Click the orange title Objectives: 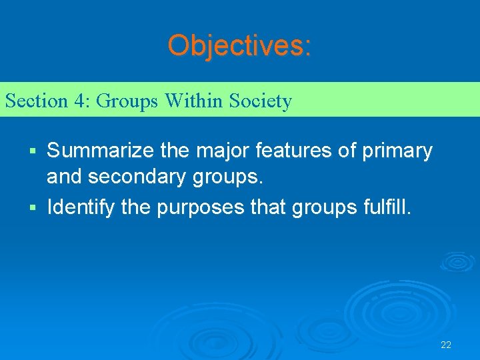[239, 45]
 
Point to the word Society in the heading [260, 101]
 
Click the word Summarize [101, 151]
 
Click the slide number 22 [446, 345]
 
